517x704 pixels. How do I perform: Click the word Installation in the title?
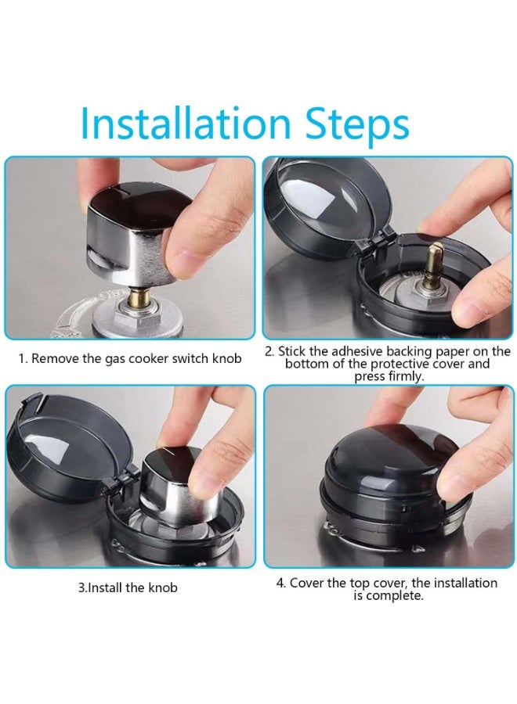(x=185, y=124)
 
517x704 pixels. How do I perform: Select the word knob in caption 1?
(x=226, y=359)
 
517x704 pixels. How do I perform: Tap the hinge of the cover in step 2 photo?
(x=367, y=242)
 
